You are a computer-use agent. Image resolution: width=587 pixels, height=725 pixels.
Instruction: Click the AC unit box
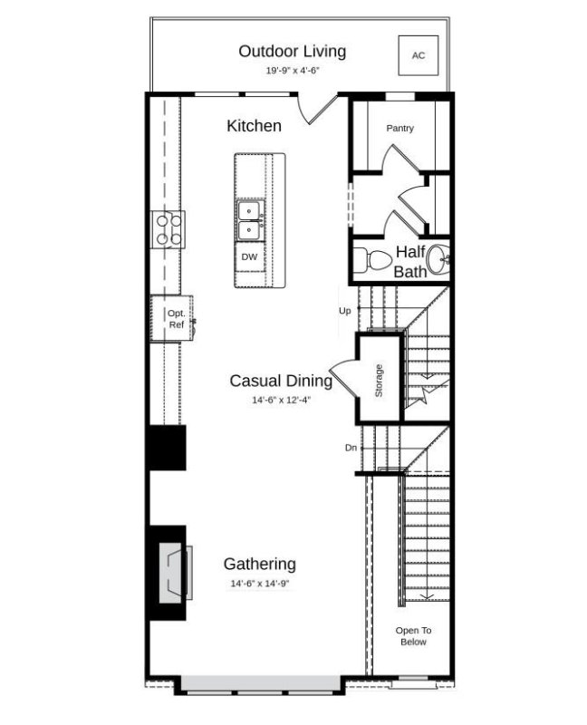pos(418,55)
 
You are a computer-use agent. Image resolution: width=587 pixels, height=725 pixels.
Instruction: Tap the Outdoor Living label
pos(292,51)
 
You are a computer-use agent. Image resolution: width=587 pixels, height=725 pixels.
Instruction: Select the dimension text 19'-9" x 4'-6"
pos(292,71)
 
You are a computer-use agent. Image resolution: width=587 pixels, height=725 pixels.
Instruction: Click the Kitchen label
pos(254,126)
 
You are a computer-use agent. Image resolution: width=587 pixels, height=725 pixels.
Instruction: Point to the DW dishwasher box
pos(249,257)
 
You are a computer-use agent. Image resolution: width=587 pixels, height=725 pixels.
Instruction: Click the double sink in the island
pos(249,219)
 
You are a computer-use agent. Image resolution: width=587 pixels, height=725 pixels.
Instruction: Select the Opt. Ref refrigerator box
pos(175,318)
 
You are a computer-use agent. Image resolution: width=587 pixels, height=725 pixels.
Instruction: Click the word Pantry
pos(399,129)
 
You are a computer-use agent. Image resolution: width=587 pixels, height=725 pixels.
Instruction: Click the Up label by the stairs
pos(344,311)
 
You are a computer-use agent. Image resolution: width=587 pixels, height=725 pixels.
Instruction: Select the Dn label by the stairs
pos(351,448)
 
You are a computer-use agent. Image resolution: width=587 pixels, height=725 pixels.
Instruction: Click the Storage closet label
pos(379,380)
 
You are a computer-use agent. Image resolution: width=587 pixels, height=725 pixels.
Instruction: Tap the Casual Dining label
pos(280,382)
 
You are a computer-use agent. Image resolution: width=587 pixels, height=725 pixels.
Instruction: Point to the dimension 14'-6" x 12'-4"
pos(280,400)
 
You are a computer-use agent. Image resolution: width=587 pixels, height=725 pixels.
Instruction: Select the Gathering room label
pos(259,564)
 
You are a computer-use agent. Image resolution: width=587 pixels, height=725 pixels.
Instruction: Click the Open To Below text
pos(412,635)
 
